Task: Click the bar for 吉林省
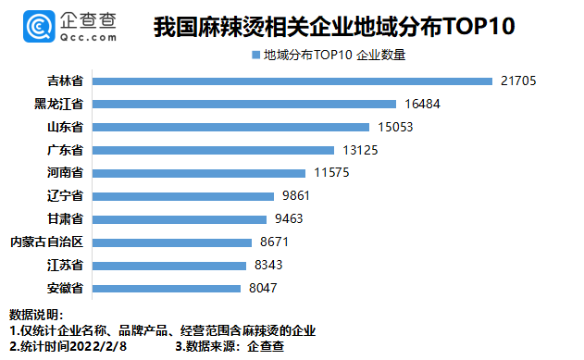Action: (292, 81)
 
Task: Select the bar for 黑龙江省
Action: (244, 105)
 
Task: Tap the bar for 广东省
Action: (213, 151)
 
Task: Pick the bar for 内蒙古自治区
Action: (172, 242)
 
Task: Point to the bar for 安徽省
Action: (167, 289)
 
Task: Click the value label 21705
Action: (518, 81)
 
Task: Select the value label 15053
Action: (395, 127)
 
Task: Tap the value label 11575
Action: (331, 172)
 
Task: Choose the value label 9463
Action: (289, 218)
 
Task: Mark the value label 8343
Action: (268, 265)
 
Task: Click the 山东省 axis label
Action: (65, 127)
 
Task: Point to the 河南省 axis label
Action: (65, 172)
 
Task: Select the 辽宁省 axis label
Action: (65, 195)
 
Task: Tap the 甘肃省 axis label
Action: (65, 218)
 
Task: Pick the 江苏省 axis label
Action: (65, 265)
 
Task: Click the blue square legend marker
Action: (255, 56)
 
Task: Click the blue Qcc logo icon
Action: (39, 26)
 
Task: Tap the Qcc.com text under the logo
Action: (88, 37)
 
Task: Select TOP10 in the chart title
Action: (478, 27)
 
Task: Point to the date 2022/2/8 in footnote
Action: (98, 346)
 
